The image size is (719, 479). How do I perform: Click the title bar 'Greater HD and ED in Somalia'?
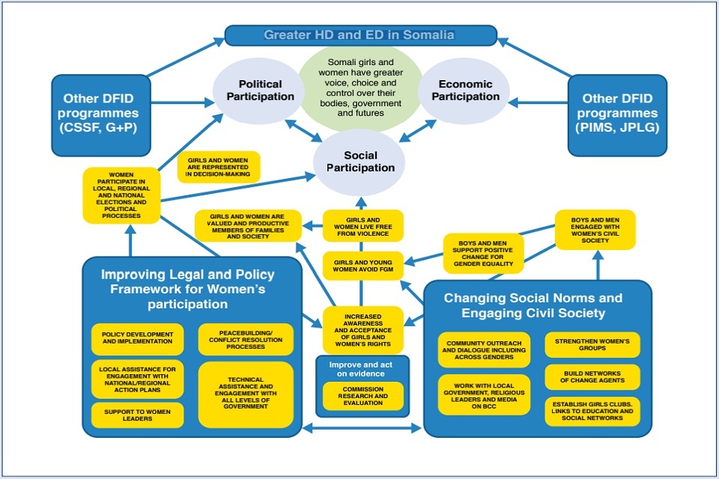point(360,35)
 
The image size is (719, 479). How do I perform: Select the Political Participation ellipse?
point(261,91)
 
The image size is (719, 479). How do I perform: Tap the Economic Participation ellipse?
point(464,91)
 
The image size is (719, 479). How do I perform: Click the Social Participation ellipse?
point(360,162)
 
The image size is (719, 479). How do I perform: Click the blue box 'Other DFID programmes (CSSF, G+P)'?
point(100,114)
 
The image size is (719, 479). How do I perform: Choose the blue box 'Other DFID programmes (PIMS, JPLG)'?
point(616,114)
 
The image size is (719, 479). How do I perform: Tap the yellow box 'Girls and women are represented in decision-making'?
point(219,167)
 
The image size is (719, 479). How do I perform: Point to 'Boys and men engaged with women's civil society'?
point(595,230)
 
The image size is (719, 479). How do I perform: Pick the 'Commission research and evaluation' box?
point(363,395)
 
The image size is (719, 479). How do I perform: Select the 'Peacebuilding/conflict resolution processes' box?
point(246,339)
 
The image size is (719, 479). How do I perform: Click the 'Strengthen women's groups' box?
point(592,344)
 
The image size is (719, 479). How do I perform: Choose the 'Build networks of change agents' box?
point(592,376)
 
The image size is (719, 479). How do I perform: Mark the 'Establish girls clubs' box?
point(592,411)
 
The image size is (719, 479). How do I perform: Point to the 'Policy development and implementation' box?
point(138,339)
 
